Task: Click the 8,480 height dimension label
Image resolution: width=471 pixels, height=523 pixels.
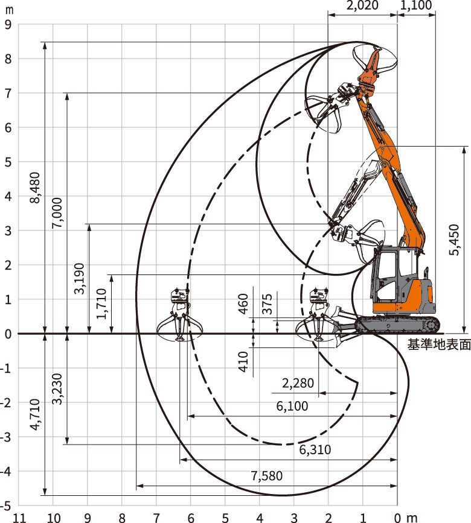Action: click(x=35, y=188)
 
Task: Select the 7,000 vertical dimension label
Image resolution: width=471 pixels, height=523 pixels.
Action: click(x=57, y=212)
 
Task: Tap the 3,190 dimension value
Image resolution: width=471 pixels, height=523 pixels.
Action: click(x=79, y=279)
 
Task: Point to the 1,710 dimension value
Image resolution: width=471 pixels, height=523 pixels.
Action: click(x=101, y=303)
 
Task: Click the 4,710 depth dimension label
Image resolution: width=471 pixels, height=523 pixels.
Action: click(x=35, y=414)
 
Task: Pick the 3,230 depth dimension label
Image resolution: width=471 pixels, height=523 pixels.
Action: click(x=57, y=389)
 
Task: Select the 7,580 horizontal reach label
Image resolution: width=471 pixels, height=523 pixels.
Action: click(x=267, y=476)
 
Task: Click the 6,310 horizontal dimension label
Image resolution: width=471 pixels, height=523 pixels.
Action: click(x=315, y=450)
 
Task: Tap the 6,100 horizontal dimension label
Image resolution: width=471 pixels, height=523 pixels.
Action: click(x=292, y=406)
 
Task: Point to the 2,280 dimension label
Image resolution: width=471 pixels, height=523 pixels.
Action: click(x=298, y=383)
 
